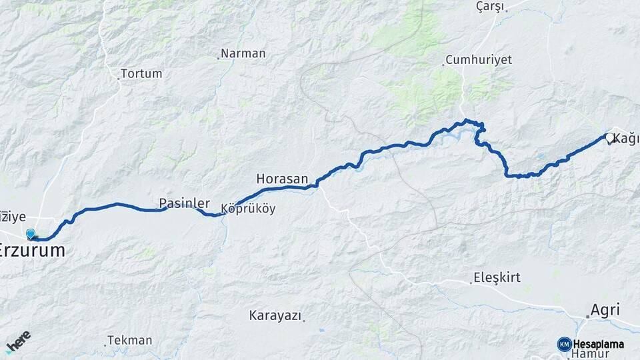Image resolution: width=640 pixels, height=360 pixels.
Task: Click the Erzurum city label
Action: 33,251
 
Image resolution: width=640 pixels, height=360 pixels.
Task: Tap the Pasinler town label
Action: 184,203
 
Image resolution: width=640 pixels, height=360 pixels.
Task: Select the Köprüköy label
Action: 247,209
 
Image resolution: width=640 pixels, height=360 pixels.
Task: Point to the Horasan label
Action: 282,179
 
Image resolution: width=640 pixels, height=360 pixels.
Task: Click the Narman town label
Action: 243,53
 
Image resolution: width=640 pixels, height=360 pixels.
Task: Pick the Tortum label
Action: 141,73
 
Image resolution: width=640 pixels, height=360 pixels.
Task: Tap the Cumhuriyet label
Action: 479,59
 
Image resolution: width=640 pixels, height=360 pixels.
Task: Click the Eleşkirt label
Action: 497,277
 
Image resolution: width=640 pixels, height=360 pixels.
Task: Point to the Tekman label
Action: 130,340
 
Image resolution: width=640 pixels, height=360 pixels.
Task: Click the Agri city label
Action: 605,310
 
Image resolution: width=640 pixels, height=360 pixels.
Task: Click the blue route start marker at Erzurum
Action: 31,233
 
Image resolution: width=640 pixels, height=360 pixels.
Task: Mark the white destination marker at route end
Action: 609,138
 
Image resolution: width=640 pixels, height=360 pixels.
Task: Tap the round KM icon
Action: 564,344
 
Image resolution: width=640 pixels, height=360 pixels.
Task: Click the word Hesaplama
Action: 599,344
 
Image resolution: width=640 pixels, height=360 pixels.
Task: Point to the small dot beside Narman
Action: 217,59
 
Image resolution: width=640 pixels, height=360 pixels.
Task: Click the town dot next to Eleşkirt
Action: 470,282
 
